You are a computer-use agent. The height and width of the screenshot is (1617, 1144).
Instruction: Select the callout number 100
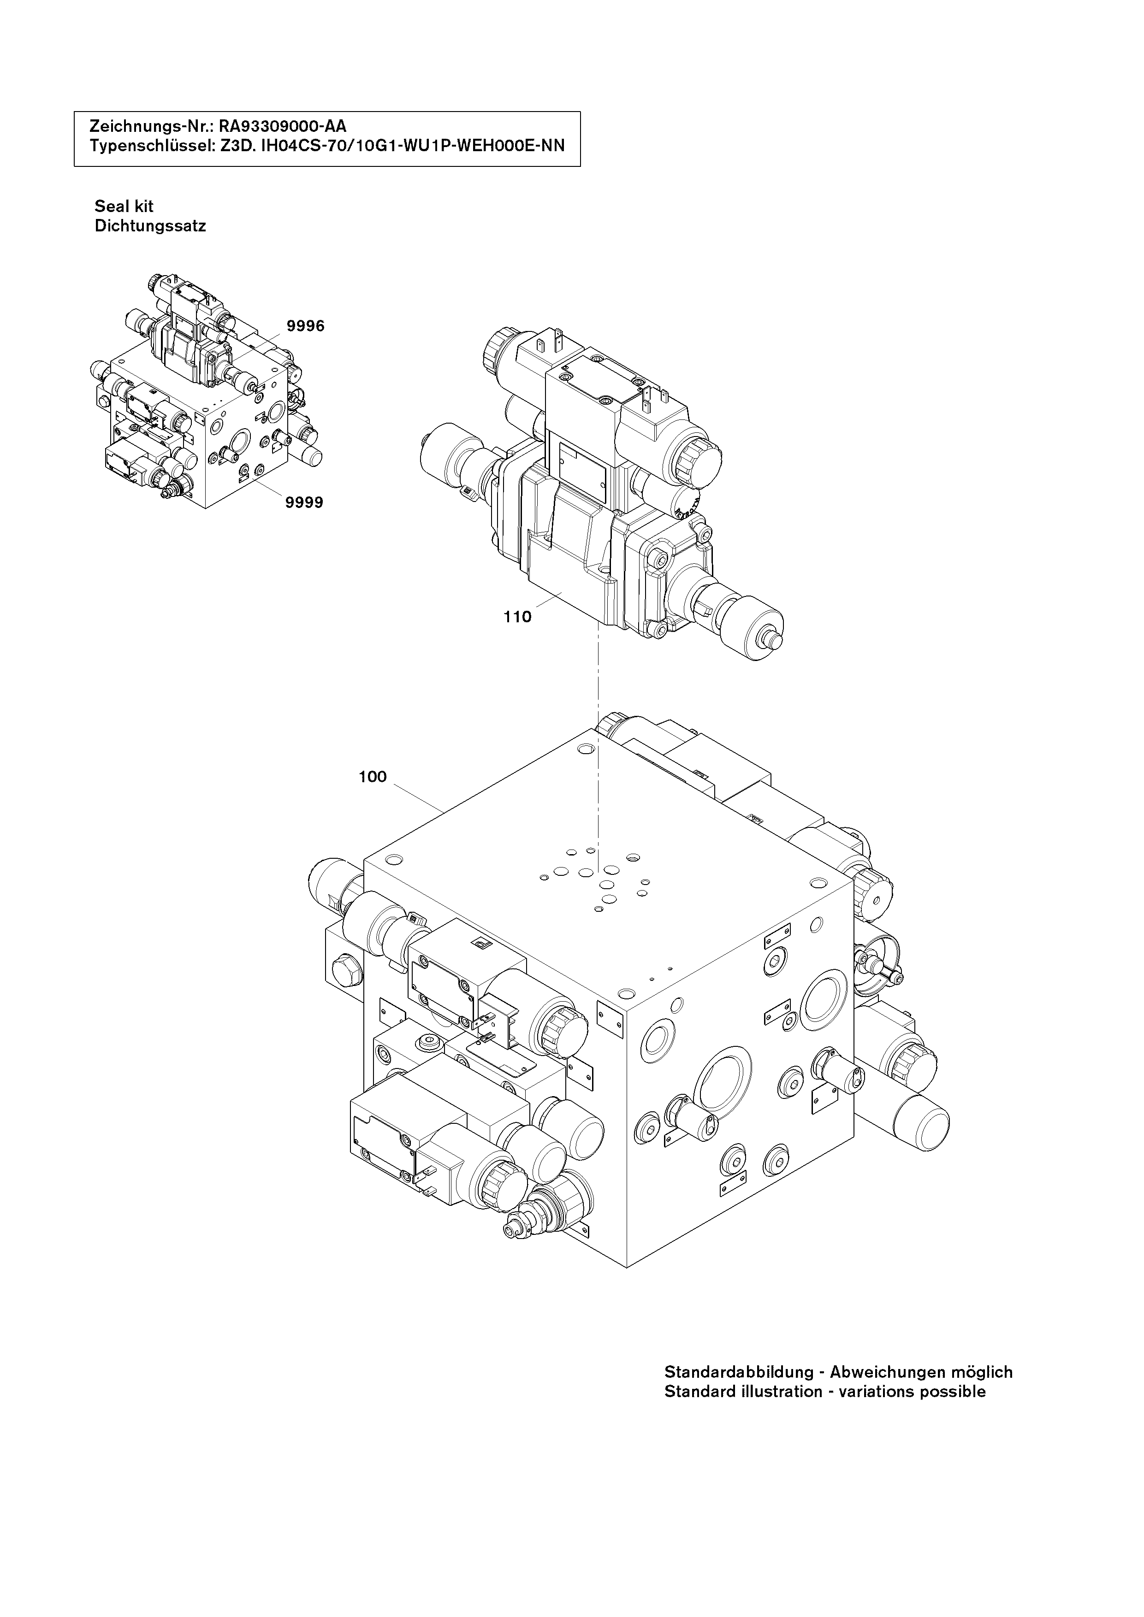(x=373, y=777)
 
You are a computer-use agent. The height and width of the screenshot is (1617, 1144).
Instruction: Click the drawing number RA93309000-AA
(x=283, y=127)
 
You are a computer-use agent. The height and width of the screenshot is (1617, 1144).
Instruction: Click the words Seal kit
(x=124, y=207)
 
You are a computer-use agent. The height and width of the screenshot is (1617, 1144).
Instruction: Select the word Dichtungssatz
(x=150, y=227)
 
